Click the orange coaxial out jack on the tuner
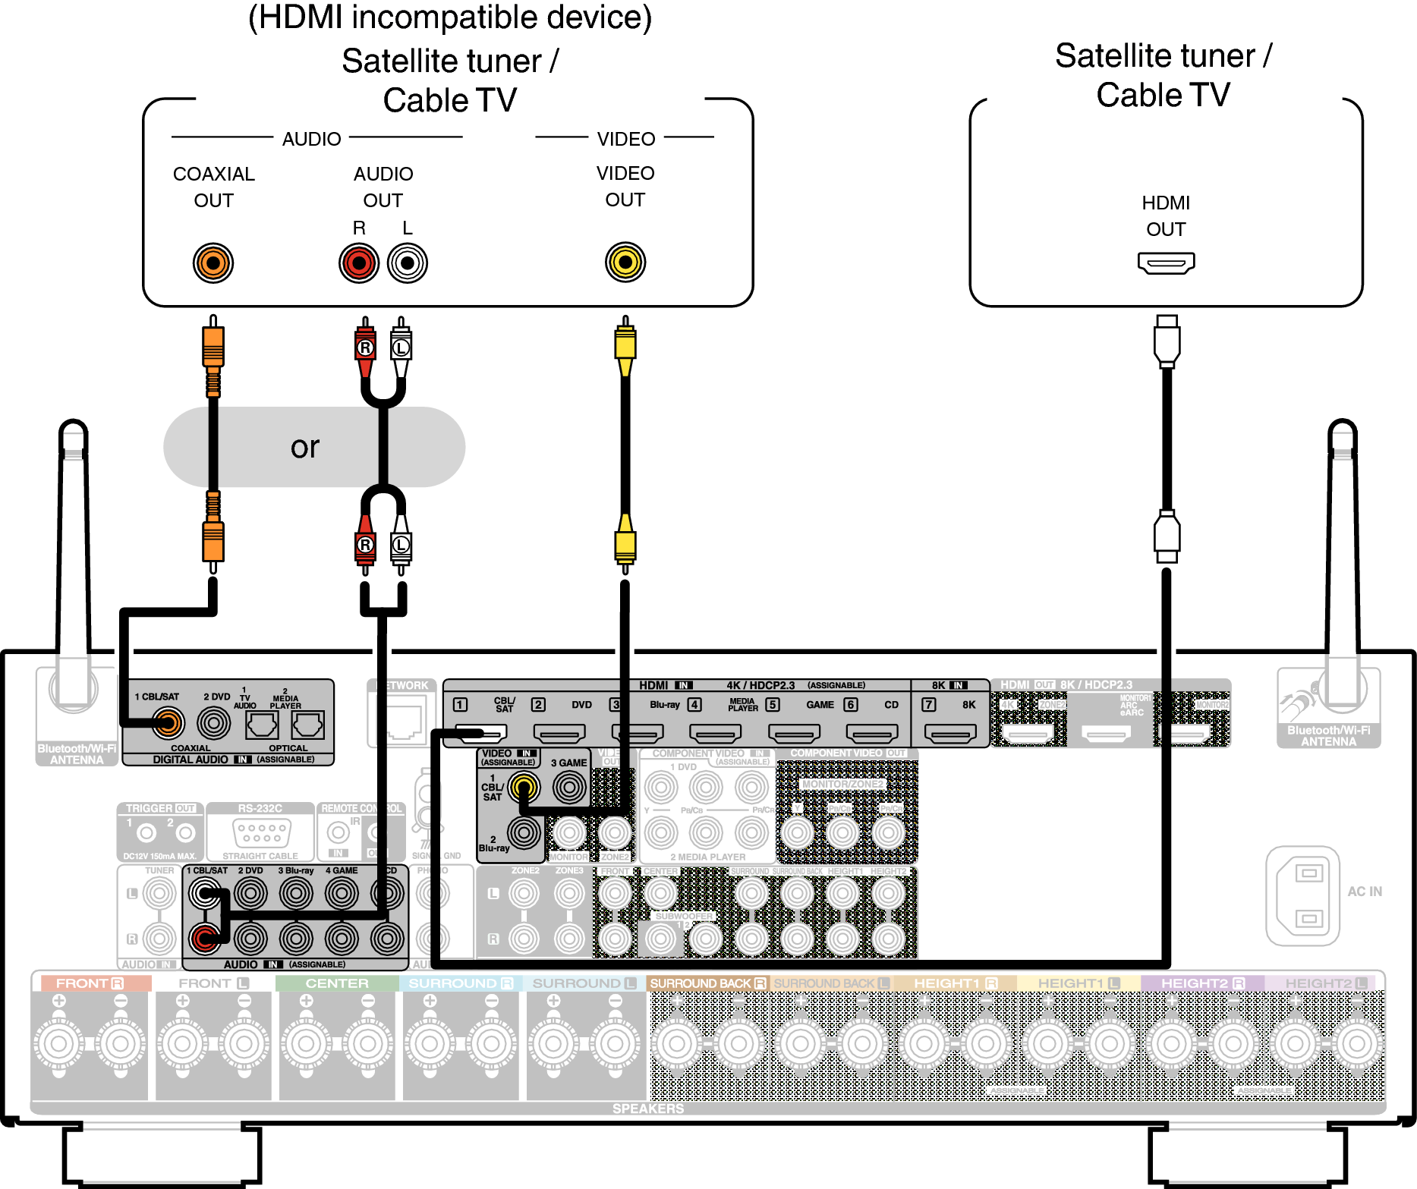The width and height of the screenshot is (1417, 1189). (x=213, y=263)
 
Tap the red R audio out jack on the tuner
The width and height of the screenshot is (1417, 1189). (x=359, y=263)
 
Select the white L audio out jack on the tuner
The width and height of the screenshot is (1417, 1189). (x=408, y=263)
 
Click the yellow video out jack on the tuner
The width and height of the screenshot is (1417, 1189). (x=625, y=263)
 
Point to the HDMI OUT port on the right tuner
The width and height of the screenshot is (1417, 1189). (x=1166, y=263)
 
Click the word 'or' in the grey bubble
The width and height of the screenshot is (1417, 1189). (x=305, y=447)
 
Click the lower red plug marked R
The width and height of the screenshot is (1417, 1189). (x=365, y=545)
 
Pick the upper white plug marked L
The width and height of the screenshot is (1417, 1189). (x=401, y=348)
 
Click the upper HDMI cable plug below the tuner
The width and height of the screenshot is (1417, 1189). (x=1167, y=341)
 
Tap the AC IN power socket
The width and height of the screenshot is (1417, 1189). (x=1302, y=895)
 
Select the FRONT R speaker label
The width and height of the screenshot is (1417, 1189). (x=90, y=983)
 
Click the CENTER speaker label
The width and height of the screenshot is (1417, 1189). (x=337, y=983)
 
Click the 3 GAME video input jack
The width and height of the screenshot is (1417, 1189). (x=569, y=788)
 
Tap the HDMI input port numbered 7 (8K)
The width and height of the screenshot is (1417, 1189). (x=950, y=734)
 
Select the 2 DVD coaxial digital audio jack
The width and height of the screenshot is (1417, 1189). (x=214, y=723)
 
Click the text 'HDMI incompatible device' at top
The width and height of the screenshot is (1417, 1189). (x=450, y=17)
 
